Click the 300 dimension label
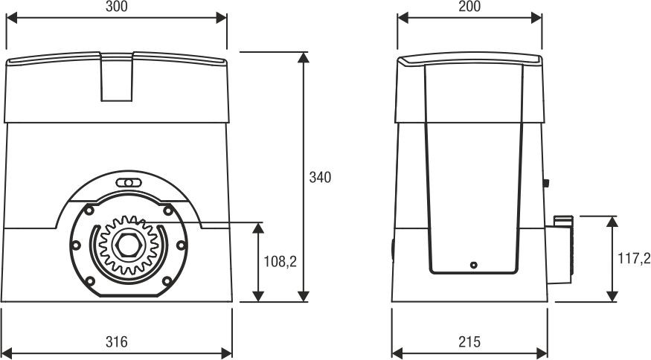117,6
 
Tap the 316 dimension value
116,341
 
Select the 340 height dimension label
320,177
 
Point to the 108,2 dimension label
280,262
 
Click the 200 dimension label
469,6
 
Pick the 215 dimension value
469,341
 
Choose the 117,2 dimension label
634,259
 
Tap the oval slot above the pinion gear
129,183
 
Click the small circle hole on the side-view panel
473,265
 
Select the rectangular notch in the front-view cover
117,77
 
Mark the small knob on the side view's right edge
546,183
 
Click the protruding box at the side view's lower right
559,250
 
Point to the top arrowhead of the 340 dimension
304,57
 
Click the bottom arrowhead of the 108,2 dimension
258,297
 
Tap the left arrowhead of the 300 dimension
12,18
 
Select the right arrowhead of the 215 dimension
542,353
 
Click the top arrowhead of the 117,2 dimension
612,222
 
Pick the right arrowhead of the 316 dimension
226,353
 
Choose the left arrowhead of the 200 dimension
403,18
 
